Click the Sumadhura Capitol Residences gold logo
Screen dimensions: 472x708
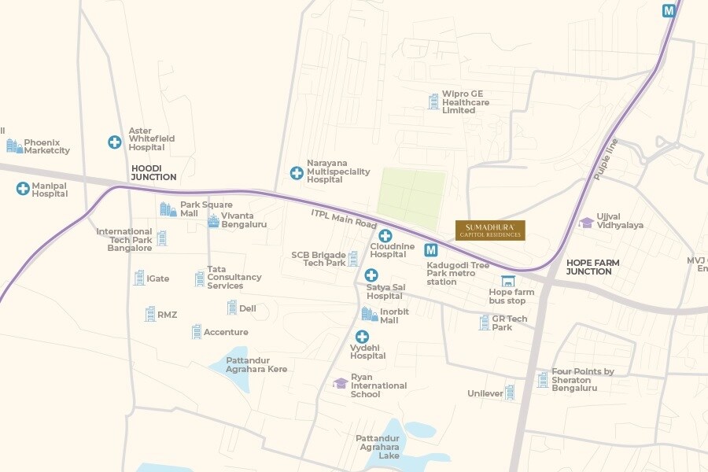click(490, 230)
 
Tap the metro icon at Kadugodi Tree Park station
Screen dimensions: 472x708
click(431, 250)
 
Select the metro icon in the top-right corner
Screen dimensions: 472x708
click(669, 11)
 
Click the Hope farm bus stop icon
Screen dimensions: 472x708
click(507, 281)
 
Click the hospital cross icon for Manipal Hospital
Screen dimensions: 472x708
click(23, 188)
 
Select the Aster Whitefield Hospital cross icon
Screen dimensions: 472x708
click(115, 142)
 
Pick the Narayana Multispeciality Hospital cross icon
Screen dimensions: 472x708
click(297, 173)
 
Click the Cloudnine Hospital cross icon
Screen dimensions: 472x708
click(385, 236)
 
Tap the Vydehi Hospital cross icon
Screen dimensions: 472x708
click(362, 337)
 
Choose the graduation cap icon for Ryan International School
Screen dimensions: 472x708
click(340, 383)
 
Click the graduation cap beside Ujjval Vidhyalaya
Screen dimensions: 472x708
click(586, 223)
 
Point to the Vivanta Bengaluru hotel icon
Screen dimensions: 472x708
click(213, 220)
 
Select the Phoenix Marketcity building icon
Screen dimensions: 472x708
click(14, 146)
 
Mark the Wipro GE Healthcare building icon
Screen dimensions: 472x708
click(433, 101)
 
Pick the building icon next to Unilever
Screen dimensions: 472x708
click(510, 392)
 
